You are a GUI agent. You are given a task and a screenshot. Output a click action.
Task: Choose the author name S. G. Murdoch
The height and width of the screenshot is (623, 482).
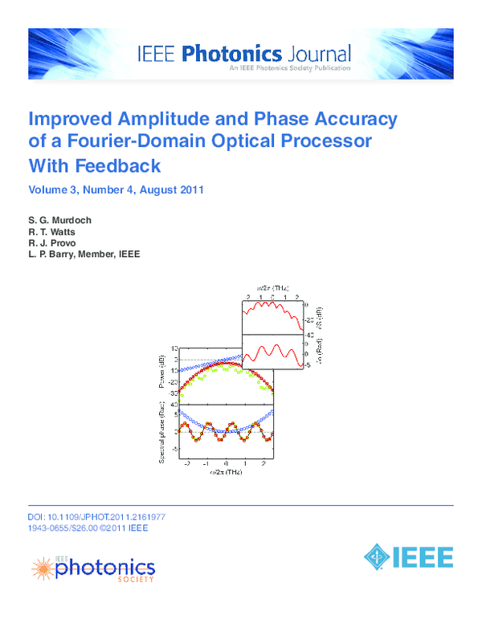(60, 219)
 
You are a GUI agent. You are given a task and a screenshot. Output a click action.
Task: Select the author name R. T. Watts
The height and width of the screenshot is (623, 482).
(53, 230)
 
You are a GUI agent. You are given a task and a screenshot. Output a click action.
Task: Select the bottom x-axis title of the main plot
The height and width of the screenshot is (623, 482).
(227, 474)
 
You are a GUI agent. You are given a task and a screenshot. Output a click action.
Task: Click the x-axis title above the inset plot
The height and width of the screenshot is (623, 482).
(273, 287)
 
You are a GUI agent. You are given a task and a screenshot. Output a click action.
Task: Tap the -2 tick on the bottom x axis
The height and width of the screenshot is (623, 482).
(188, 464)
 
